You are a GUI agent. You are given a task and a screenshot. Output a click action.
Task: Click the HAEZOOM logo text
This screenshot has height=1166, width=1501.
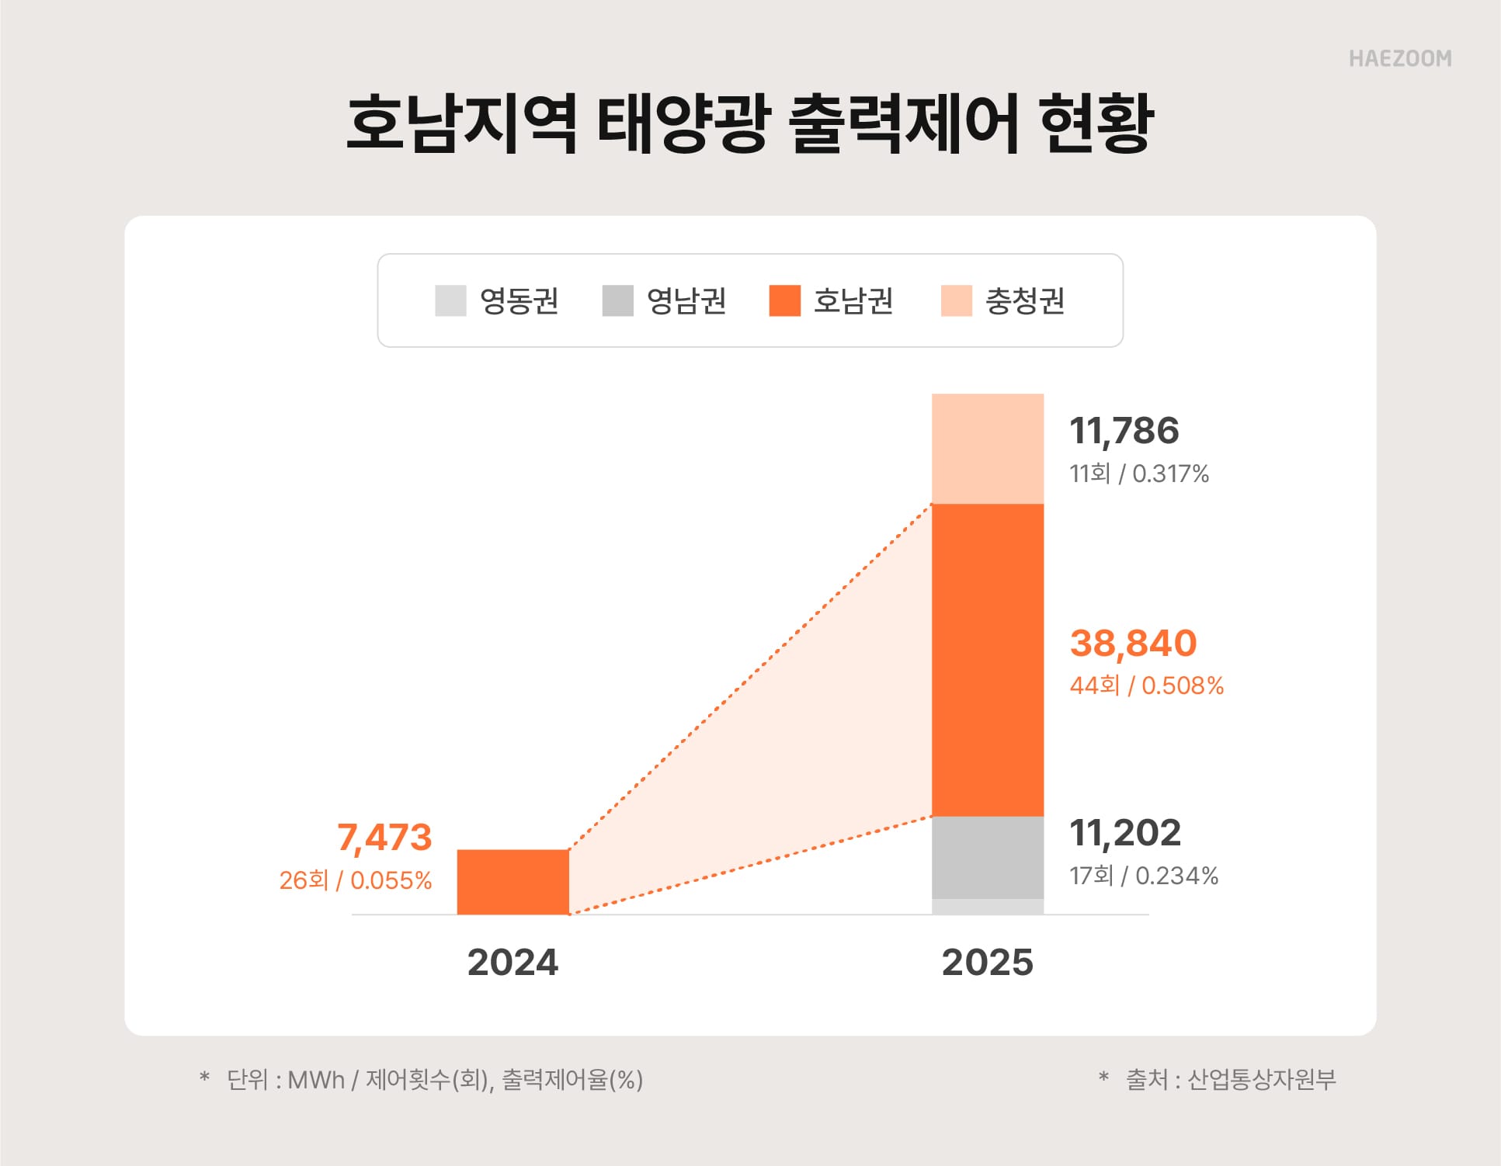tap(1399, 59)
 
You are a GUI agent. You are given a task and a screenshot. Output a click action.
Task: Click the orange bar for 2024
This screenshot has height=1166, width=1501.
tap(512, 882)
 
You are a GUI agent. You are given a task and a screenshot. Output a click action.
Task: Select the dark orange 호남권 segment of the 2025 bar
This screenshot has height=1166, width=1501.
tap(987, 660)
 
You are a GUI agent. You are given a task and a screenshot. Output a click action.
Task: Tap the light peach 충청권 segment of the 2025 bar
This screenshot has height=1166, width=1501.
tap(987, 449)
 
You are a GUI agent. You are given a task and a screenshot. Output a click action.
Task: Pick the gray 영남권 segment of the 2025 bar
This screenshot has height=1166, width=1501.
tap(987, 857)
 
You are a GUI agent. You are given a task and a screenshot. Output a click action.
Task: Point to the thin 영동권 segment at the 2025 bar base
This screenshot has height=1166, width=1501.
tap(987, 907)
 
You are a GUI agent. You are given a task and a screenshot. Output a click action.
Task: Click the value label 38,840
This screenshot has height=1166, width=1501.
tap(1133, 643)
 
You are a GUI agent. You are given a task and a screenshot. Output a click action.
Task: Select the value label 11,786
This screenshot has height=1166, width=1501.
tap(1124, 431)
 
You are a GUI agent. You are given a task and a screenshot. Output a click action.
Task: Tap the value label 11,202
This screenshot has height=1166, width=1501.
tap(1125, 833)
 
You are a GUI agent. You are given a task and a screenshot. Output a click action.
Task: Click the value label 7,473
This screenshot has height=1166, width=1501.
tap(384, 838)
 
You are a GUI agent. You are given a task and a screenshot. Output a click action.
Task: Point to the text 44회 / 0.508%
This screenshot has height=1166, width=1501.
tap(1146, 685)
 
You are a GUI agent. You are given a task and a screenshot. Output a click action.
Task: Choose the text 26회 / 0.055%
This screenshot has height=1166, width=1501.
tap(356, 880)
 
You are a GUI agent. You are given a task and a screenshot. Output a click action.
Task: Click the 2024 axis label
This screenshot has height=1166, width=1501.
tap(512, 963)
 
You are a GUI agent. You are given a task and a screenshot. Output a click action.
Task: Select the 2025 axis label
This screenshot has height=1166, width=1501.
tap(987, 963)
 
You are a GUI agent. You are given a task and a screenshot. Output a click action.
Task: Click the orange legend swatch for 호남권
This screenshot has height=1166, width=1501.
tap(784, 300)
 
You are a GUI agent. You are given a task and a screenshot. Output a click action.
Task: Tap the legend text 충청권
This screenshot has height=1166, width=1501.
tap(1024, 301)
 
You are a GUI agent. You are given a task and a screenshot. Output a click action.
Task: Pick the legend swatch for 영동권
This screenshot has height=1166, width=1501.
tap(450, 300)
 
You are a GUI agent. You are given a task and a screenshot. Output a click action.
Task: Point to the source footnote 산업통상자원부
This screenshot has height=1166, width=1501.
tap(1262, 1079)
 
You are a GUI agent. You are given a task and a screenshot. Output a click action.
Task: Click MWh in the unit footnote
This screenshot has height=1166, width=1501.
tap(316, 1080)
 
